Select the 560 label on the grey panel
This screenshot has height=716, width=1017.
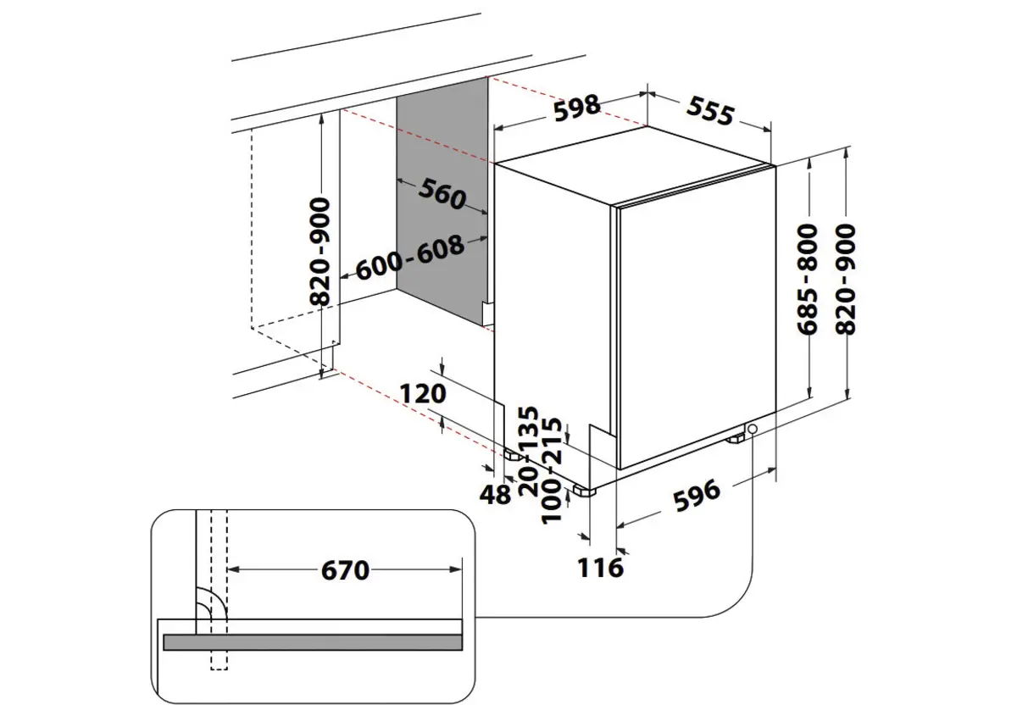442,196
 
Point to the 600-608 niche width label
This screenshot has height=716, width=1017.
410,258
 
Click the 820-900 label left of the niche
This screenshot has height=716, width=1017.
320,252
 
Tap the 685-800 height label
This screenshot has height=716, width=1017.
809,279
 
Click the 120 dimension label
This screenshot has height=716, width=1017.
422,394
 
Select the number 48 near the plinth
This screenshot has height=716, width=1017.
497,494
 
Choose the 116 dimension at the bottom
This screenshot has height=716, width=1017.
602,566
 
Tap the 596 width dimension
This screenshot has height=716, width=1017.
696,492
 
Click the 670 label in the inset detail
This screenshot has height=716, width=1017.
346,571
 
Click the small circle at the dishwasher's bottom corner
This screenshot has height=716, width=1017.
752,430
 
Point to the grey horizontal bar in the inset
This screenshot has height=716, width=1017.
314,642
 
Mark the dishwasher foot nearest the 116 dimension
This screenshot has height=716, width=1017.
586,490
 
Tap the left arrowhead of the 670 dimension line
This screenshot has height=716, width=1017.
234,570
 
